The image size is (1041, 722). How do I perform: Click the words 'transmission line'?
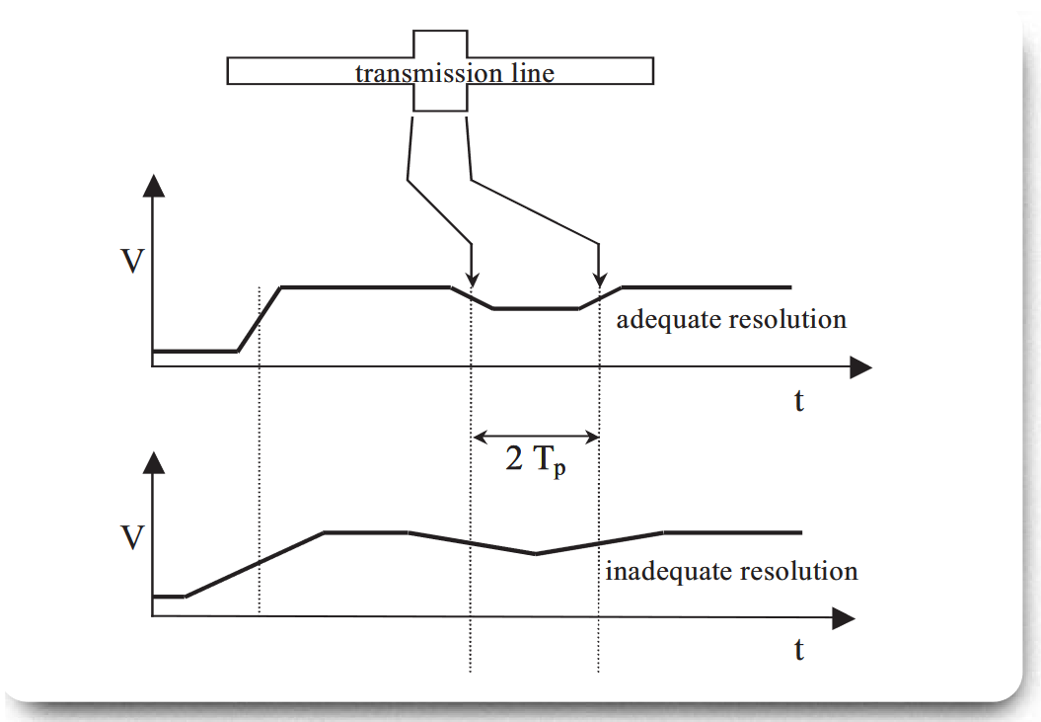pos(455,72)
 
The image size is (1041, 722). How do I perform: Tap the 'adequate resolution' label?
pos(730,320)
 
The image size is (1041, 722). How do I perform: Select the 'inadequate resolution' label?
pos(731,571)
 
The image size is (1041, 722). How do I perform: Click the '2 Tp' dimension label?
pos(537,460)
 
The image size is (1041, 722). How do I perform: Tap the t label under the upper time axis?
pos(798,401)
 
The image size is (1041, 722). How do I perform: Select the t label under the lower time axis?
pos(798,650)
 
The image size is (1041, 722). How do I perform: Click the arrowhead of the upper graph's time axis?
pos(861,367)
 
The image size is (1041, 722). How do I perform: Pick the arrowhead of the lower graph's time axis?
pos(844,618)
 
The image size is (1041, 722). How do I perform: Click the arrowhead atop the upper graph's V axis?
pos(152,186)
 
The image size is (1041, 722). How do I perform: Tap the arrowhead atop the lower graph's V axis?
pos(152,461)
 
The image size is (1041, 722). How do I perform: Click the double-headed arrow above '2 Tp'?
pos(537,436)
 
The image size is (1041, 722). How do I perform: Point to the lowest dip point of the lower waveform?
pos(536,553)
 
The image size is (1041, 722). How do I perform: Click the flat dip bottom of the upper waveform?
pos(536,308)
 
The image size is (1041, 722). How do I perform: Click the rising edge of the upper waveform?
pos(260,318)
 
